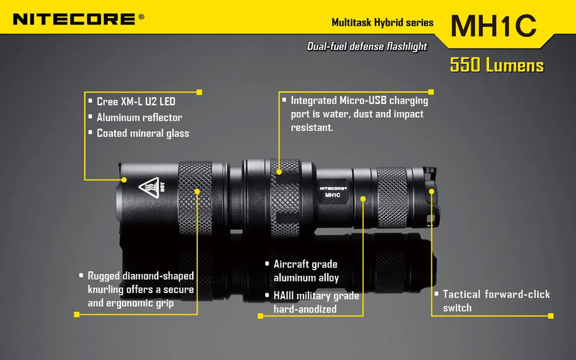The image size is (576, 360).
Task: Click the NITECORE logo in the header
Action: (x=74, y=19)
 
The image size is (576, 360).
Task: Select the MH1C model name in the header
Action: (x=493, y=25)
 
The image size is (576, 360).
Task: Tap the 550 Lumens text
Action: (x=496, y=65)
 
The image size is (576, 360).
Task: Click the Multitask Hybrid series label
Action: (x=382, y=23)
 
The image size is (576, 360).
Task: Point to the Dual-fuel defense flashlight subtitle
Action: (x=367, y=46)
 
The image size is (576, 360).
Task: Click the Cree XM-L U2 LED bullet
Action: (x=136, y=101)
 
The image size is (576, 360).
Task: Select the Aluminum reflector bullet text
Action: (x=139, y=117)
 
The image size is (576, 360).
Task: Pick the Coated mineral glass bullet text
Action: (x=143, y=133)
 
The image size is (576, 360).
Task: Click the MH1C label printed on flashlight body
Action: (x=333, y=195)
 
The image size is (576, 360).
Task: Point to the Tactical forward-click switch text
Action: (x=496, y=301)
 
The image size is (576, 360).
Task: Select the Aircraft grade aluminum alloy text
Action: (x=305, y=271)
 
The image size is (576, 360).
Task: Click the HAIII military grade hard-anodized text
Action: (x=316, y=302)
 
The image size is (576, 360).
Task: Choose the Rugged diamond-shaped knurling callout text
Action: (x=141, y=289)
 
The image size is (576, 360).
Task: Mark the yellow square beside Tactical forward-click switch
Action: (x=550, y=315)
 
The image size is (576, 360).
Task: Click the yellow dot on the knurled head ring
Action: (x=197, y=191)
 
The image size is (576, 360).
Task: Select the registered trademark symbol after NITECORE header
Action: (x=141, y=17)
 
